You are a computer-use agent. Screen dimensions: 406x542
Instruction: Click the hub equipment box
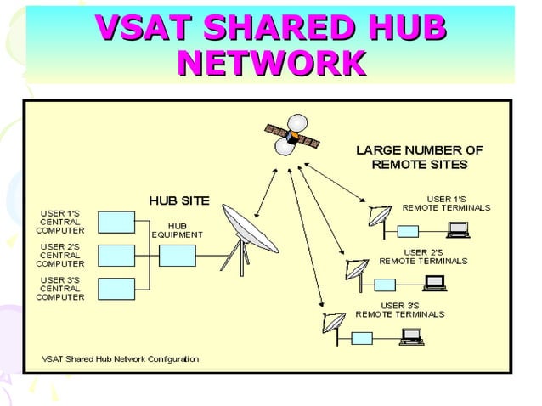(178, 254)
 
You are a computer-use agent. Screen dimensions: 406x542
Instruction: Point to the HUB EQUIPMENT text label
(178, 229)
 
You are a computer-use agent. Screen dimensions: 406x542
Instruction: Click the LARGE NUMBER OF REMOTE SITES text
(419, 156)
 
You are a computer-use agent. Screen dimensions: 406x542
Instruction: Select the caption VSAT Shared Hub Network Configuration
(121, 358)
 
